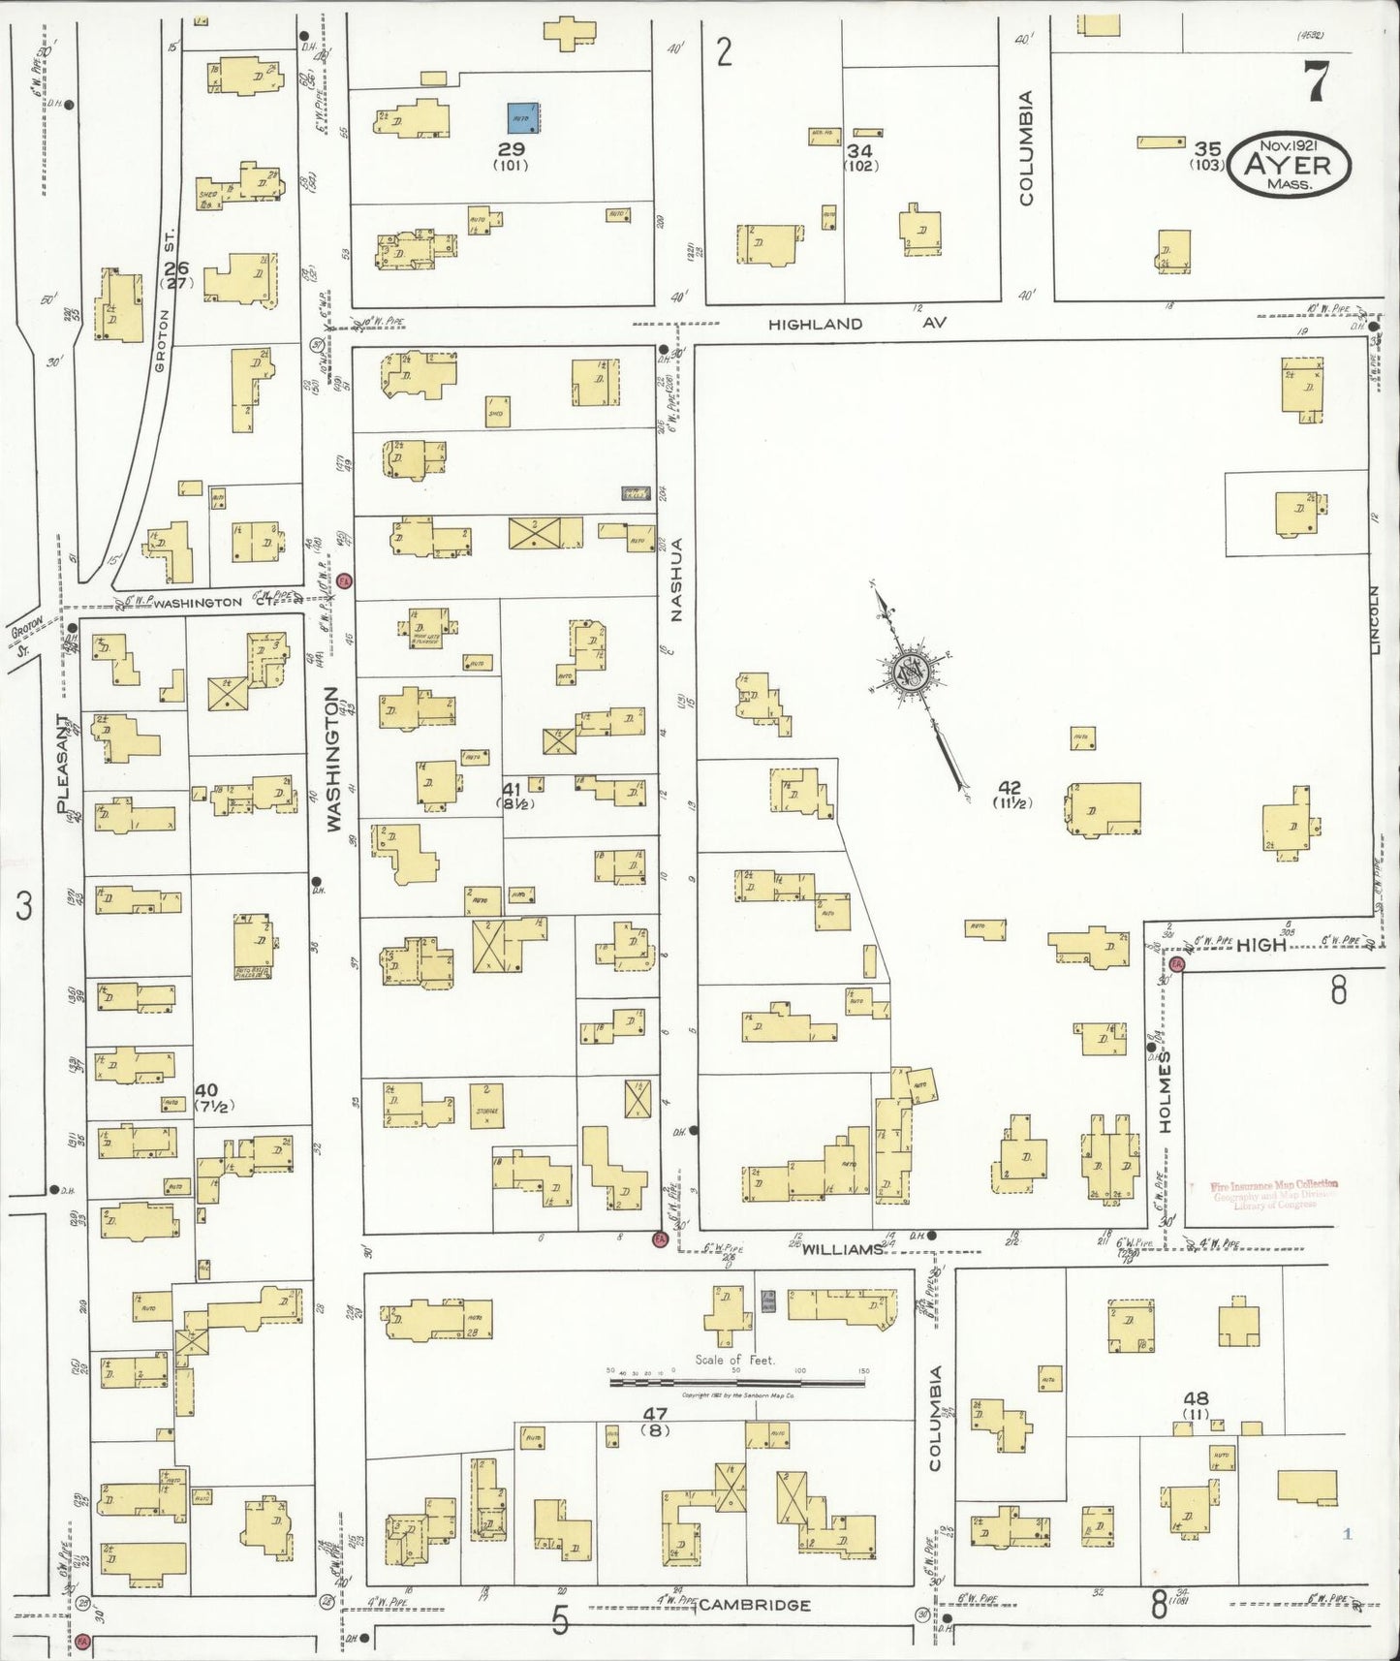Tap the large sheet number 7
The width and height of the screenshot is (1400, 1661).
1316,81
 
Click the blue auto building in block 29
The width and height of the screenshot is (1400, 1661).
523,117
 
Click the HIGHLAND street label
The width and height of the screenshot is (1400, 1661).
815,324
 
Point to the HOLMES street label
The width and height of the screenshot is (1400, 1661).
1166,1090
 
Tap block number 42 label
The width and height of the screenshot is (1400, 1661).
1010,788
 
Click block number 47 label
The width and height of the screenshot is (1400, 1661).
656,1415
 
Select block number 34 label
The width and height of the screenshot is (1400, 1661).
859,151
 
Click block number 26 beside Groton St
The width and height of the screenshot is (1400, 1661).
175,268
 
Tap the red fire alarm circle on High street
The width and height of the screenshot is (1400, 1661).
1176,963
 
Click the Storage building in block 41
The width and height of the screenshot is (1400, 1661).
487,1105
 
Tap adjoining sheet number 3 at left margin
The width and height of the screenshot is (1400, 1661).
24,906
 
